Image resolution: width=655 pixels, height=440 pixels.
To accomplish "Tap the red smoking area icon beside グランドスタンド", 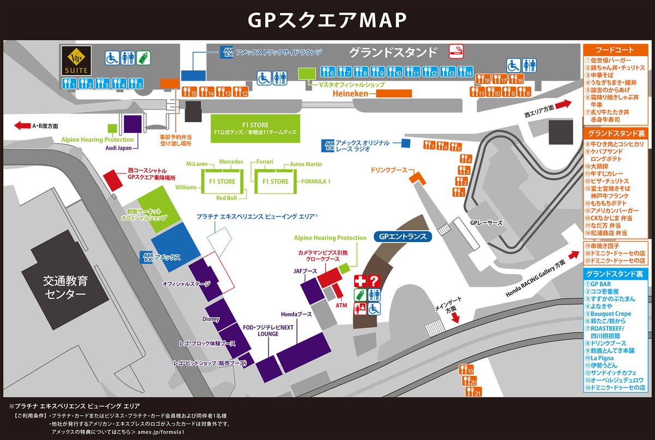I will pos(455,52).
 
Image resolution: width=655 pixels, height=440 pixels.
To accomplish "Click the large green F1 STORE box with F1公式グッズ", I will pos(256,129).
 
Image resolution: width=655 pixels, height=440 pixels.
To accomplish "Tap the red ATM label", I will pos(341,305).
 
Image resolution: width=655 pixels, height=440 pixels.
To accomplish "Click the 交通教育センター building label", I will pos(65,288).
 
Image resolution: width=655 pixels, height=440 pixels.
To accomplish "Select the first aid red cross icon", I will pos(359,281).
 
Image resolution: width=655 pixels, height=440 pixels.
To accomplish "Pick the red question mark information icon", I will pos(374,281).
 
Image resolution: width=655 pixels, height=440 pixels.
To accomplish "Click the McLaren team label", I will pos(197,164).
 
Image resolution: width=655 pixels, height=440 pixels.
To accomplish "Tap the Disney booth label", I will pos(210,318).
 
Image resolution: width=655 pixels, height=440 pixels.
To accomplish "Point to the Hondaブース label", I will pos(296,315).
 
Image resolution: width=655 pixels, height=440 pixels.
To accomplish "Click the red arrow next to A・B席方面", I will pos(22,126).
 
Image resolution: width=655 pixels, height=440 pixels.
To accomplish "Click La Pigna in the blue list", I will pos(604,357).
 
